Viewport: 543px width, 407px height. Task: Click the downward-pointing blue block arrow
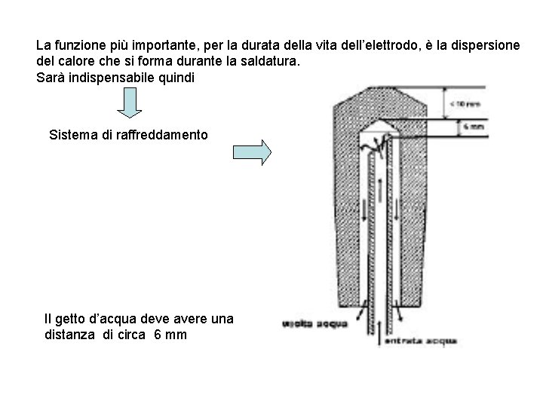click(130, 104)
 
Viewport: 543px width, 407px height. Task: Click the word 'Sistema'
click(71, 136)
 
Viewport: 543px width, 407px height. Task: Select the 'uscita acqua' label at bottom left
click(314, 325)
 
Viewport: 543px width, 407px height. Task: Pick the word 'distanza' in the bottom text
click(72, 335)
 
